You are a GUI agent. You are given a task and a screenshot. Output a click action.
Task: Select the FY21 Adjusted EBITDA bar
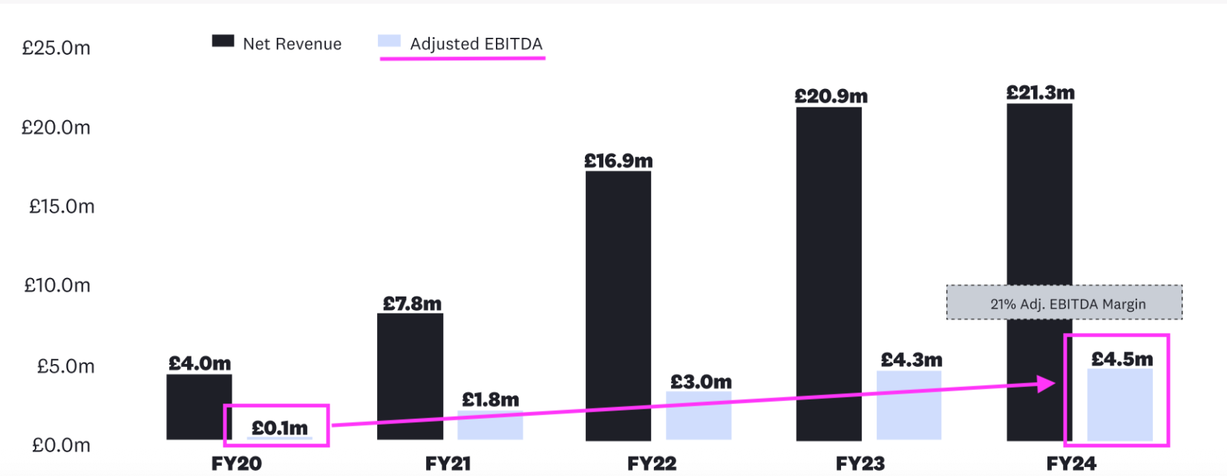click(490, 426)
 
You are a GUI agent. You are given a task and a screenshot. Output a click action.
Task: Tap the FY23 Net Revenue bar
click(828, 274)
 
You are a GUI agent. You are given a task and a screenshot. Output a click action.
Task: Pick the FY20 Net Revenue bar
click(198, 407)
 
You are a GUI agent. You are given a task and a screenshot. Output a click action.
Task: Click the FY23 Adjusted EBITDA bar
click(909, 406)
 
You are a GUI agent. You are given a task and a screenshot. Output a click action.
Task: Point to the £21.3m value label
click(1040, 93)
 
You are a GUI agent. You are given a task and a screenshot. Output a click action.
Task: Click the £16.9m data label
click(618, 161)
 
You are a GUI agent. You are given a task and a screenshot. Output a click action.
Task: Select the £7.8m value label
click(412, 303)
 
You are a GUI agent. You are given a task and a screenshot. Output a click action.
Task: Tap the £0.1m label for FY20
click(279, 428)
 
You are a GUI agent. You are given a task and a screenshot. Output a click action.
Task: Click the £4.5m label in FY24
click(1122, 360)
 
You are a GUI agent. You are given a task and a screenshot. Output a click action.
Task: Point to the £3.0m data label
click(701, 382)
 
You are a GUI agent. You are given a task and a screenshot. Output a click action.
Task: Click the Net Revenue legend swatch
click(223, 42)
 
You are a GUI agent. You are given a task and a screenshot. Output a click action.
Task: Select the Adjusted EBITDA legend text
click(476, 44)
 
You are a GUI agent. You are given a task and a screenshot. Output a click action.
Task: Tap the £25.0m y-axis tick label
click(56, 48)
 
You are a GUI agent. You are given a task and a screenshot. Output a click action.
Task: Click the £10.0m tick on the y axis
click(57, 285)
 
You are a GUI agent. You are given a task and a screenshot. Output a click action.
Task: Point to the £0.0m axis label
click(61, 445)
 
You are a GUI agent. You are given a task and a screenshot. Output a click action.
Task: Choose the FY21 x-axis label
click(448, 464)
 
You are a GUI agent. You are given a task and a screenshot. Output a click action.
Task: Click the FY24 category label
click(1071, 464)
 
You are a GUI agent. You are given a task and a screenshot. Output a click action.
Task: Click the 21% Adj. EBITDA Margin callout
click(1064, 303)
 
